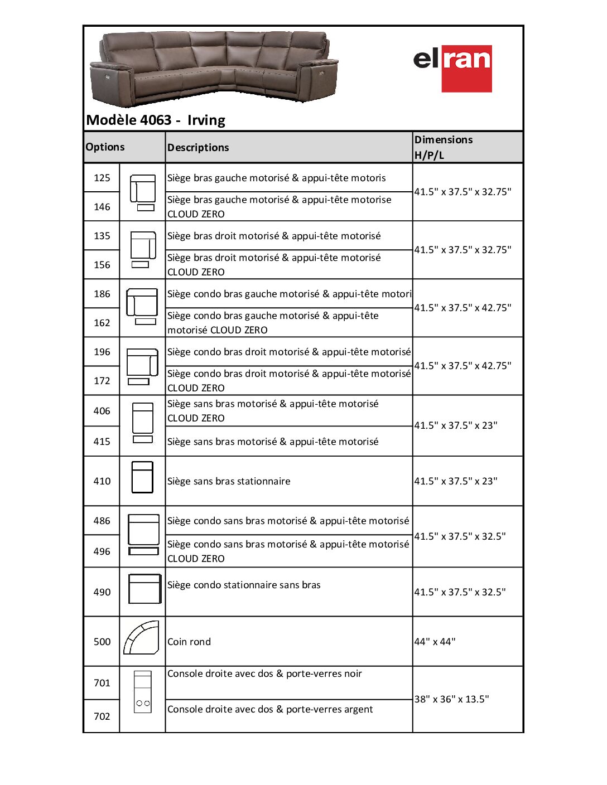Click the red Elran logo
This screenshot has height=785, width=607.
(452, 67)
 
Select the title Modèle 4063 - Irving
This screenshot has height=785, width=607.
(156, 120)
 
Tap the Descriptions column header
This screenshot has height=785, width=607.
(198, 148)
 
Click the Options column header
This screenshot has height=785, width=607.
(105, 147)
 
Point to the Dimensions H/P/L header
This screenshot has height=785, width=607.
(444, 147)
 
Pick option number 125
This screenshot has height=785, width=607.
(102, 178)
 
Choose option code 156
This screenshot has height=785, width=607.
(102, 265)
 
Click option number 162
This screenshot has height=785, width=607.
(102, 323)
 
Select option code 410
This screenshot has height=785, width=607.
(102, 481)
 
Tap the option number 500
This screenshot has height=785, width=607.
(102, 642)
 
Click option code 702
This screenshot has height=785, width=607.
(102, 716)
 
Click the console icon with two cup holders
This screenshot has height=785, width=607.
(143, 692)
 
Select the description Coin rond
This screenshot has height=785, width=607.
(189, 642)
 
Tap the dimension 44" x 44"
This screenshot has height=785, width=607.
(435, 642)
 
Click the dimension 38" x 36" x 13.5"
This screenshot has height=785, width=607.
(451, 699)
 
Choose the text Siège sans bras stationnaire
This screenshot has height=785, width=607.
(229, 481)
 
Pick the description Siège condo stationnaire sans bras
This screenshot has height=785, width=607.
(244, 585)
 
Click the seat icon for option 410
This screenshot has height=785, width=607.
(142, 477)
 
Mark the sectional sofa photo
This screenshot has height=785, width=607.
(215, 68)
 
